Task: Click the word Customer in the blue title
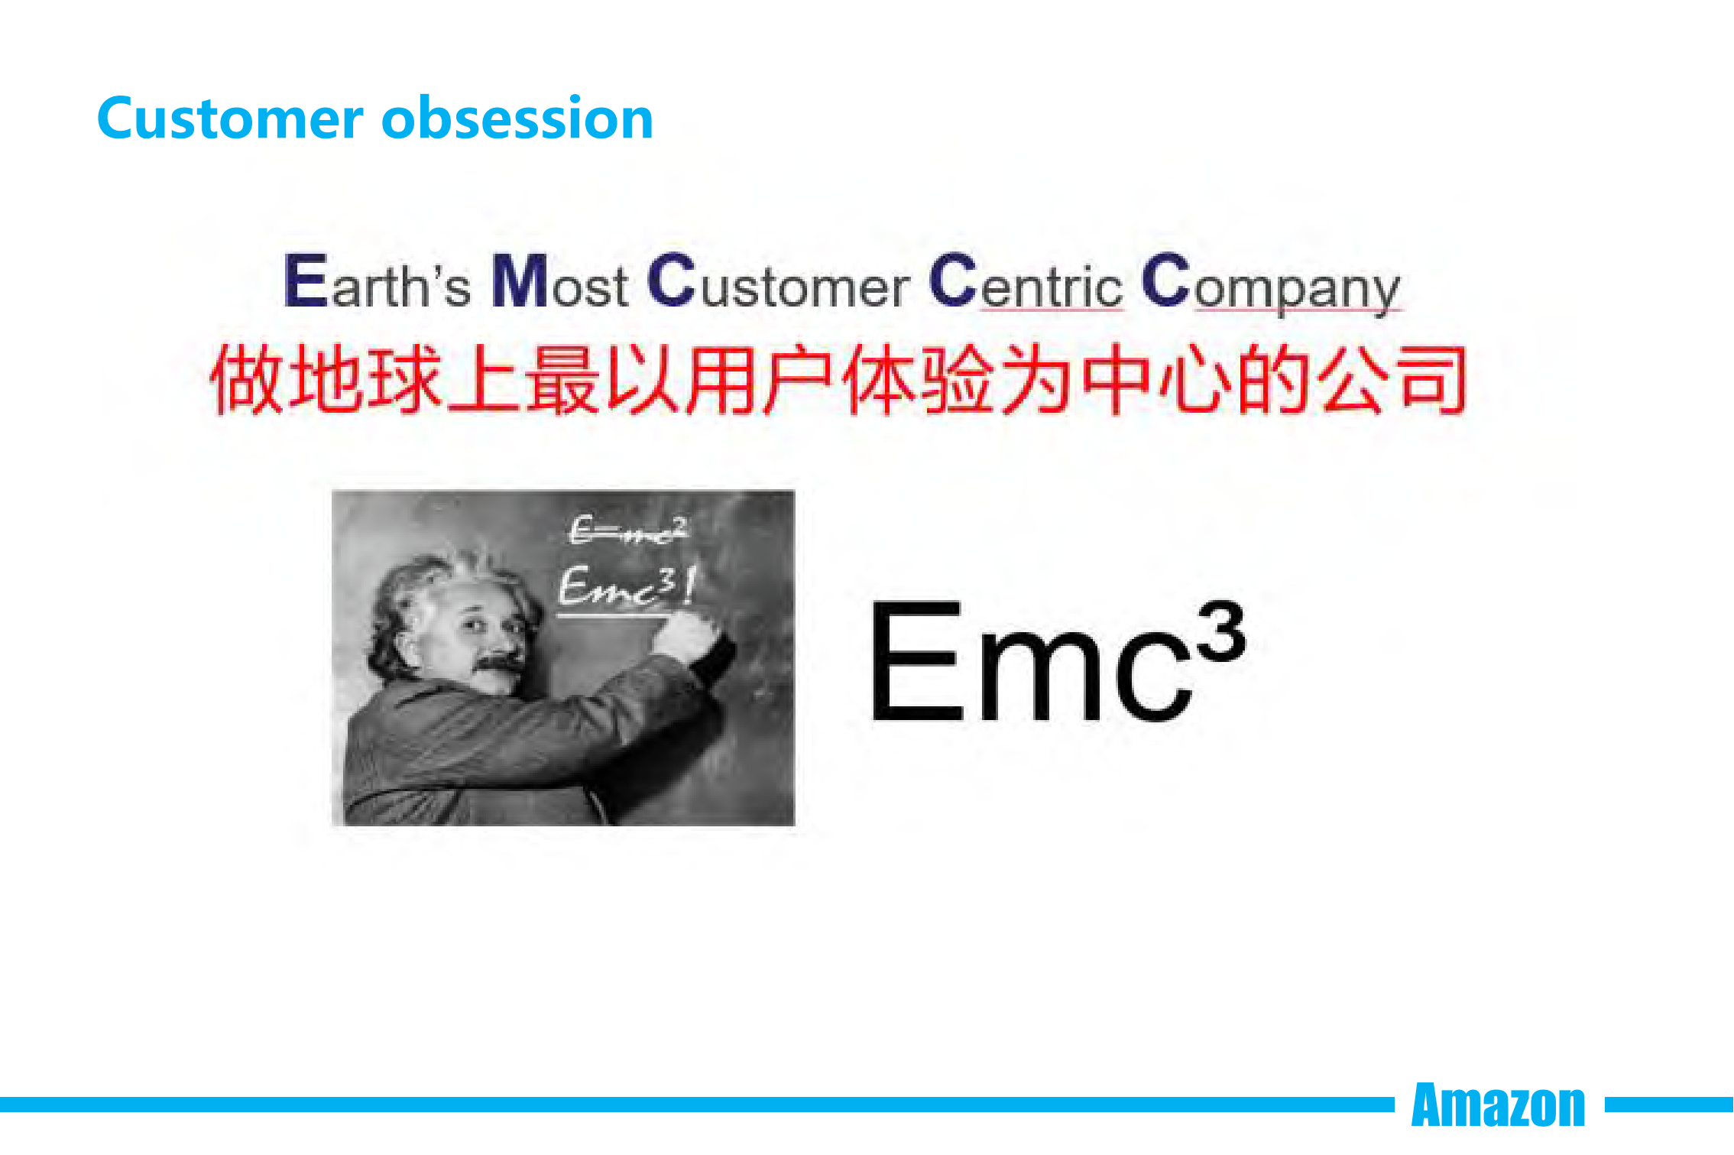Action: pos(230,118)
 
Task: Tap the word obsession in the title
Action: pos(517,118)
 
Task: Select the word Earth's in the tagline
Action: pos(378,282)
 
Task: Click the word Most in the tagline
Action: pos(560,282)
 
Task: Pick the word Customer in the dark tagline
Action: pos(779,282)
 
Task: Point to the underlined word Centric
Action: pos(1026,282)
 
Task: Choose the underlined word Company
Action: pos(1272,284)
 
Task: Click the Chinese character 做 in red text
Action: pos(248,379)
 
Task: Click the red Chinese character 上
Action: pos(485,379)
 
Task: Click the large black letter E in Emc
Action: pos(916,660)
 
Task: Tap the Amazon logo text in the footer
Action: pos(1499,1105)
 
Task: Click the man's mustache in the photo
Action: pos(498,667)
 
